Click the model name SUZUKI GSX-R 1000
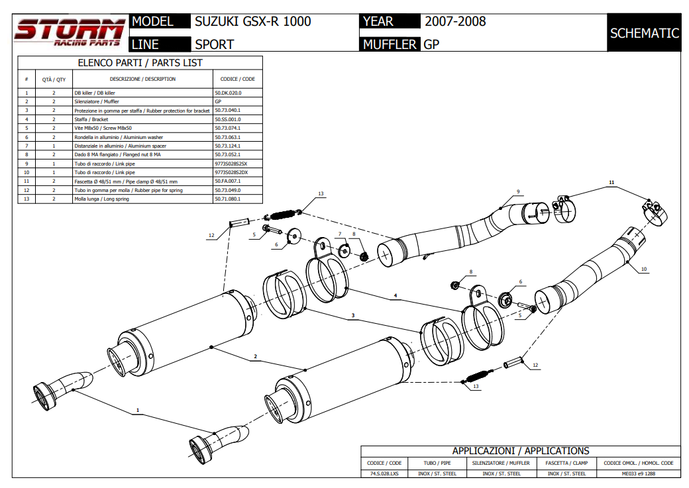click(x=252, y=21)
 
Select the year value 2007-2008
click(x=455, y=21)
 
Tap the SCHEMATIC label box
click(x=644, y=33)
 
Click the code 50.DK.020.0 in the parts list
click(x=229, y=93)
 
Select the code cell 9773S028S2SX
click(x=231, y=163)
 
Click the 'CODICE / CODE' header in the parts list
click(x=237, y=79)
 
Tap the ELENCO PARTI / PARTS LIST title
click(x=140, y=63)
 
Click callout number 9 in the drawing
click(x=519, y=191)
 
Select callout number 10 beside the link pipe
click(x=644, y=269)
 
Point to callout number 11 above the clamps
click(x=611, y=181)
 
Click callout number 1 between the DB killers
click(x=138, y=411)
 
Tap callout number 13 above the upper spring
click(x=320, y=193)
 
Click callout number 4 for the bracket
click(x=395, y=295)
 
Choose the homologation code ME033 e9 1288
click(x=639, y=473)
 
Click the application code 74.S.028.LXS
click(x=384, y=473)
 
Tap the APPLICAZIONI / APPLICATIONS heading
click(x=520, y=451)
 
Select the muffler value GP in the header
click(x=431, y=44)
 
